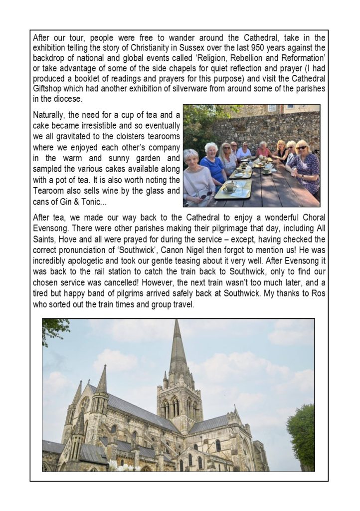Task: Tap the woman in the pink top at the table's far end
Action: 263,149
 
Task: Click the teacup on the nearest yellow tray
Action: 230,187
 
